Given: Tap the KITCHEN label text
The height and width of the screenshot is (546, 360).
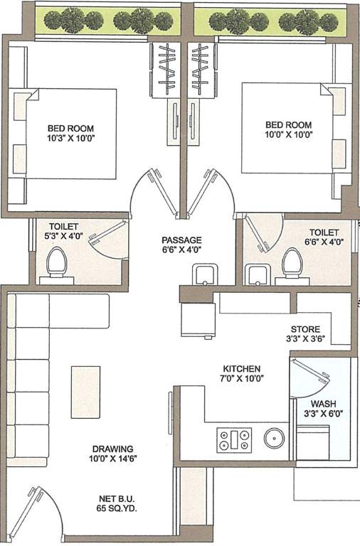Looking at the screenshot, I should point(242,370).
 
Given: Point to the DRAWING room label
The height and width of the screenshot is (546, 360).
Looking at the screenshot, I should point(112,449).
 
